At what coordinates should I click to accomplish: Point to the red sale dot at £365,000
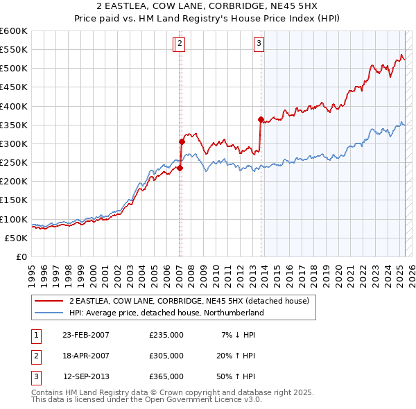tap(261, 119)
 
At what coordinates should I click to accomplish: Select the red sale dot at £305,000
tap(182, 141)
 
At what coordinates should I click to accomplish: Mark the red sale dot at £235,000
tap(180, 168)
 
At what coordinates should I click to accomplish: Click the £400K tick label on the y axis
tap(13, 106)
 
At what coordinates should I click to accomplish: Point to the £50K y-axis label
tap(15, 238)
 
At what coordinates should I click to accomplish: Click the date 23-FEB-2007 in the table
tap(86, 335)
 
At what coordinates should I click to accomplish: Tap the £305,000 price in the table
tap(166, 356)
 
